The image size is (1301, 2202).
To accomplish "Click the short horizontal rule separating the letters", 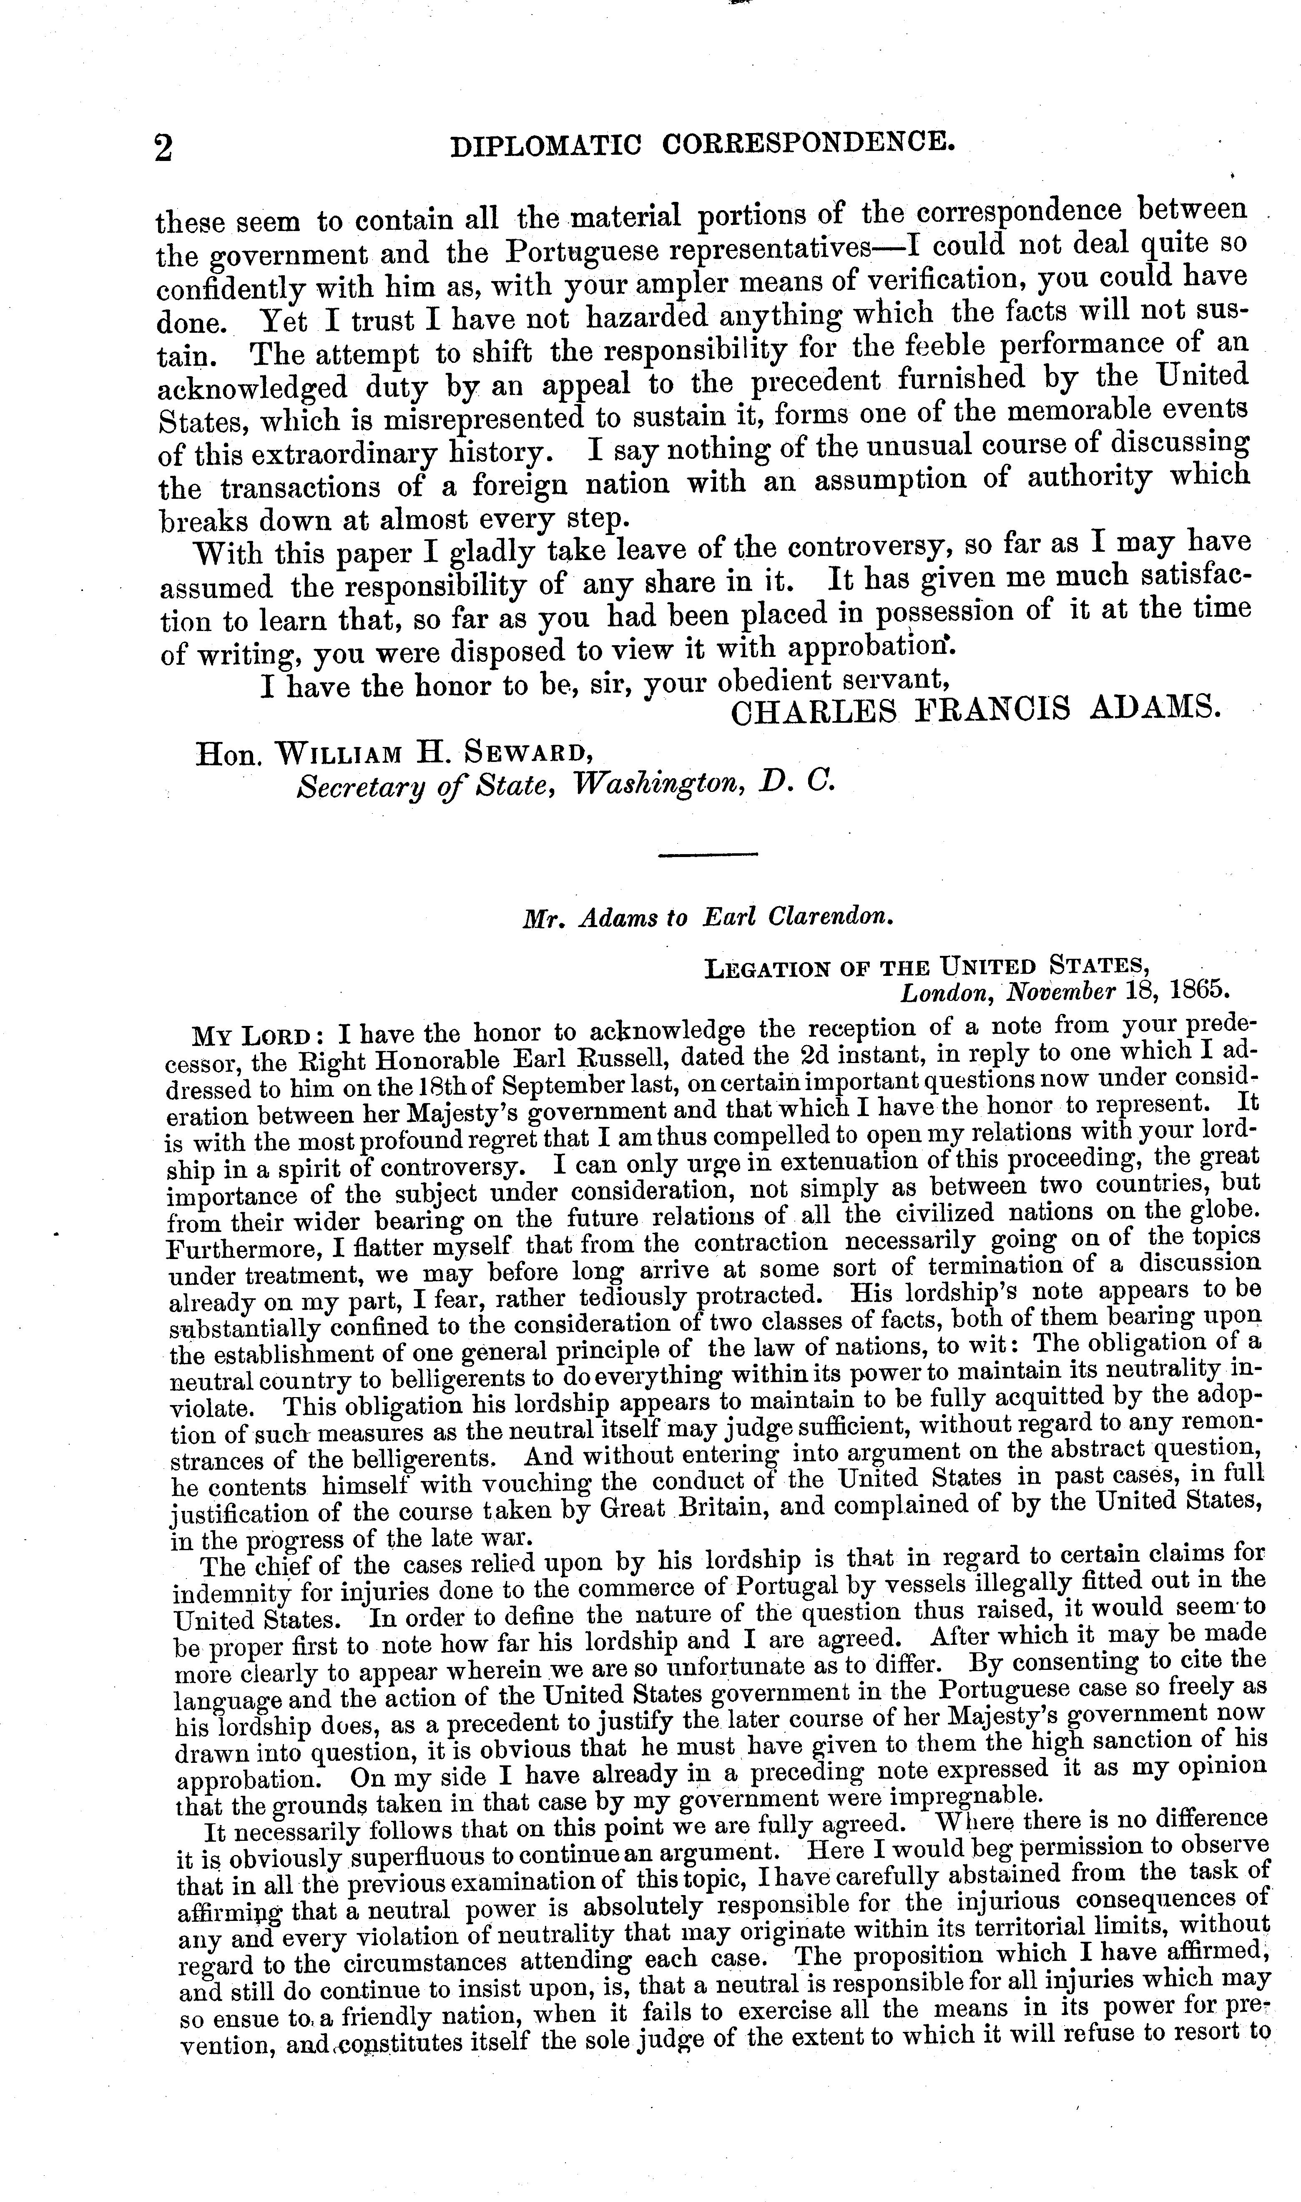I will point(707,855).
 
